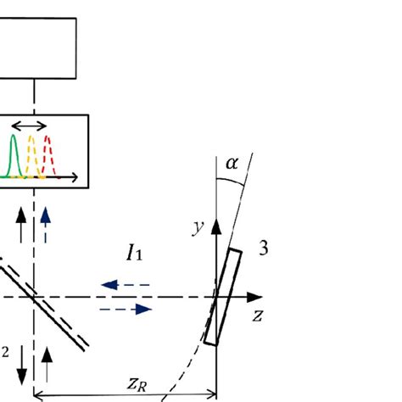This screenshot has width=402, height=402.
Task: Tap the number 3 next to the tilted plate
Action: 264,250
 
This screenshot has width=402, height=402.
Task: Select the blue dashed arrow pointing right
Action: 127,310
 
